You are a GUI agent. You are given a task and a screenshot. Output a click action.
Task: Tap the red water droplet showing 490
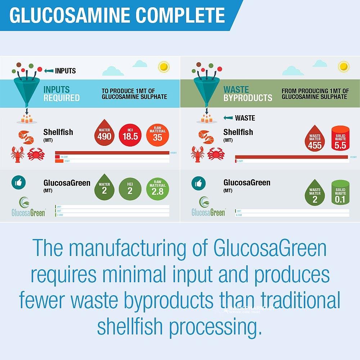(x=104, y=135)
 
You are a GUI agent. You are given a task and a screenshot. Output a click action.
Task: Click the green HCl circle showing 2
(x=130, y=189)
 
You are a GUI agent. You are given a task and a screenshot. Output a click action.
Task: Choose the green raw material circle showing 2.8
(x=157, y=189)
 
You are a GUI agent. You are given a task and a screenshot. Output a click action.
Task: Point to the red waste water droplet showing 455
(x=315, y=137)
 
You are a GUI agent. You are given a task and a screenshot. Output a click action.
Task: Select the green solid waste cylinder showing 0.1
(x=340, y=193)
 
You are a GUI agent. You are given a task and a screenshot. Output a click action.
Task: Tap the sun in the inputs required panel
(x=164, y=67)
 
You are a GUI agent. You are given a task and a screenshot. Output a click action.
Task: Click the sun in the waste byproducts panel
(x=343, y=67)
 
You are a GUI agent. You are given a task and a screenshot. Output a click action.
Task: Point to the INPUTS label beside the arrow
(x=65, y=71)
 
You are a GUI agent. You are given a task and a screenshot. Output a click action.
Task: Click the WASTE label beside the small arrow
(x=245, y=118)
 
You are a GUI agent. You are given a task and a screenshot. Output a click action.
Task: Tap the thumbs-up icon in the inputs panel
(x=18, y=183)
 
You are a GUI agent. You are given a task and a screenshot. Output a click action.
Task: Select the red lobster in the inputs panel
(x=17, y=154)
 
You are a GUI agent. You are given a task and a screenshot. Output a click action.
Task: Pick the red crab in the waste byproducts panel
(x=216, y=154)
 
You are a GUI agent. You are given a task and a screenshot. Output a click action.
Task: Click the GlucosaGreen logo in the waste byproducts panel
(x=208, y=207)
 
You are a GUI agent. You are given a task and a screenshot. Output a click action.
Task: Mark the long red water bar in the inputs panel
(x=112, y=153)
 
